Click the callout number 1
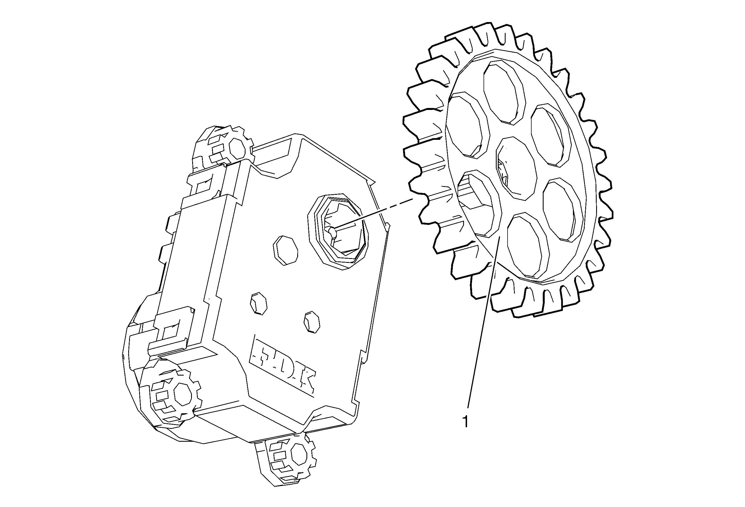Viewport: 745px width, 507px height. click(x=466, y=422)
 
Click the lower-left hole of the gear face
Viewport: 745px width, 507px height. click(x=480, y=203)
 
